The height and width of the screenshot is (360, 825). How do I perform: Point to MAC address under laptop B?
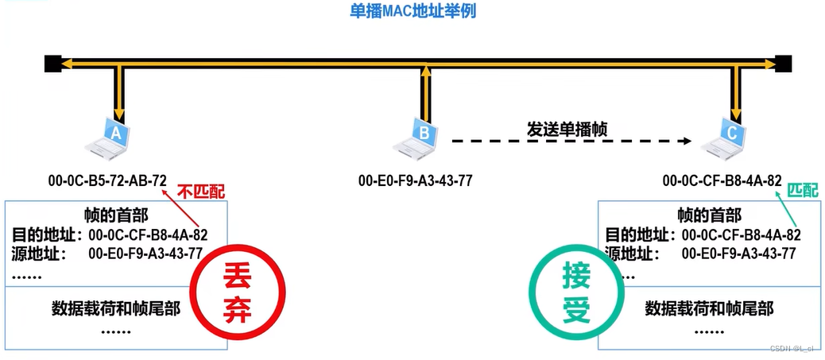click(x=415, y=180)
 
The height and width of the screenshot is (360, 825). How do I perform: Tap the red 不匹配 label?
click(x=200, y=192)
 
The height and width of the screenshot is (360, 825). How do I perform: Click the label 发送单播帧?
click(x=567, y=129)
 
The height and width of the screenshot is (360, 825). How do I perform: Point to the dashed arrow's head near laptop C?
click(x=684, y=142)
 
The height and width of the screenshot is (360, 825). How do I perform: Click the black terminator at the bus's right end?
click(x=784, y=63)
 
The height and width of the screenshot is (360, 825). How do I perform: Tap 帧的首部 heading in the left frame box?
click(x=116, y=215)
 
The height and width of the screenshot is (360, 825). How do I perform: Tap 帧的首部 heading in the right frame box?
click(x=709, y=215)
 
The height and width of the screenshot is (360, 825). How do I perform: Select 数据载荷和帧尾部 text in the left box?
click(x=116, y=308)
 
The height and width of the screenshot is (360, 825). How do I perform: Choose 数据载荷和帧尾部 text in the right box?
click(x=709, y=308)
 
